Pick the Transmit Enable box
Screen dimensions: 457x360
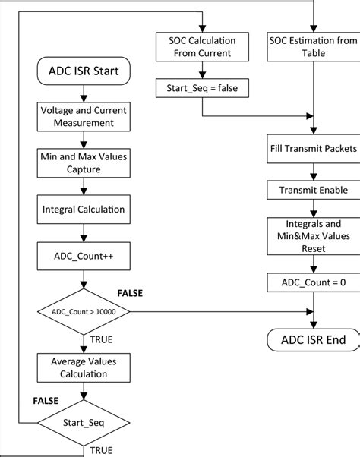point(313,191)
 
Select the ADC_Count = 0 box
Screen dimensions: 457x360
point(313,283)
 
